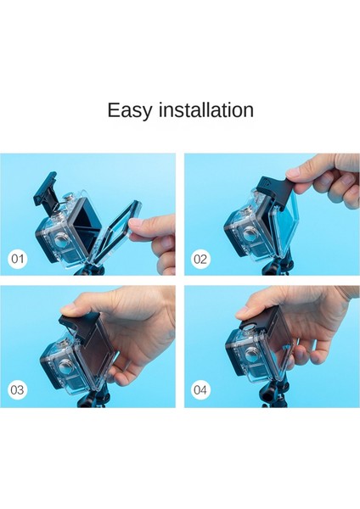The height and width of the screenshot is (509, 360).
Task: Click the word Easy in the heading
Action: coord(129,110)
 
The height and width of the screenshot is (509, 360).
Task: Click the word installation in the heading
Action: coord(206,109)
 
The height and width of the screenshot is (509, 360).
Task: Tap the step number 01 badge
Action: coord(18,259)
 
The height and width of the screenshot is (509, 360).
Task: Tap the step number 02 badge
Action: coord(200,259)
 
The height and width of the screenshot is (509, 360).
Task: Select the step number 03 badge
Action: coord(17,389)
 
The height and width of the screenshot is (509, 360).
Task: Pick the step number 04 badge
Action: coord(200,389)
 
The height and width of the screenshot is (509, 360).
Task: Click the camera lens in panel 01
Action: coord(62,242)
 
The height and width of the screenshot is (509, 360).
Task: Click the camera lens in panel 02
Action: coord(250,234)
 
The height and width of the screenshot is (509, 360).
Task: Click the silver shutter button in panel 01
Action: coord(69,198)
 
